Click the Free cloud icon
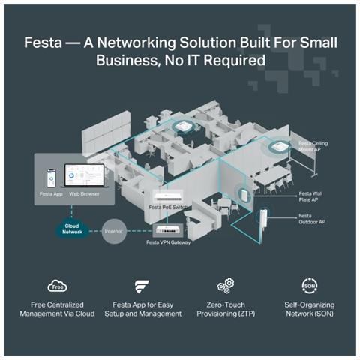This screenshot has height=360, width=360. [x=58, y=286]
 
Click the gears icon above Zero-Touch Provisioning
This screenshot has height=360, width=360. [x=224, y=286]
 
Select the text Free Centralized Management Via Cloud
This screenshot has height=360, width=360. [x=58, y=309]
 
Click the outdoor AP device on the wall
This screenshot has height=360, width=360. [x=266, y=226]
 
